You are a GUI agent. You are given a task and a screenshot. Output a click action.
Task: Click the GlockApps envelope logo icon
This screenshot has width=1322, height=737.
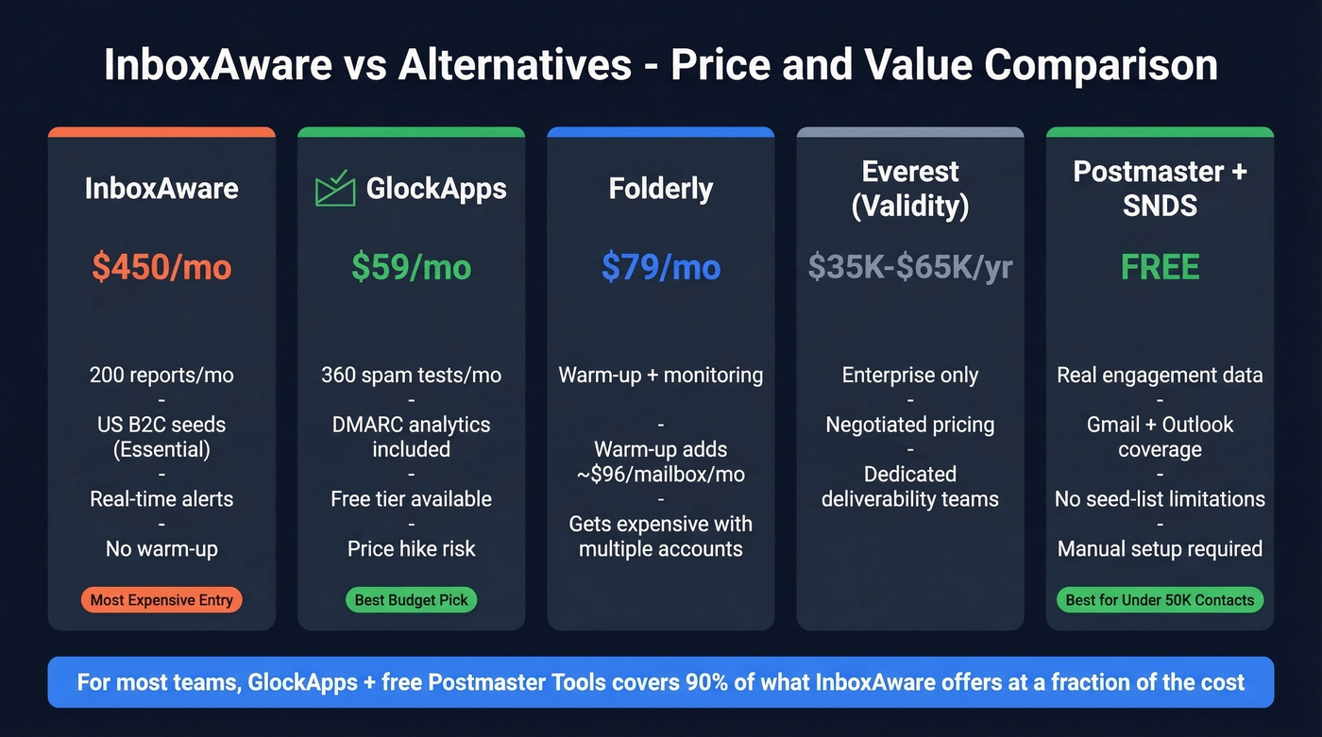[335, 189]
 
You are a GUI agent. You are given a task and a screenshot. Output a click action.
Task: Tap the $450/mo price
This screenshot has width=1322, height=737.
[161, 267]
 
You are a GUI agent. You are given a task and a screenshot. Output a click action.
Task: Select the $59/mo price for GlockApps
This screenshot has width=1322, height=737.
[411, 267]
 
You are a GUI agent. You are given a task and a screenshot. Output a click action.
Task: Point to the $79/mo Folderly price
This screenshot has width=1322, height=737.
[661, 267]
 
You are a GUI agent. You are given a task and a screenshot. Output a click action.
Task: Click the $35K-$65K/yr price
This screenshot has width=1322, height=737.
[910, 267]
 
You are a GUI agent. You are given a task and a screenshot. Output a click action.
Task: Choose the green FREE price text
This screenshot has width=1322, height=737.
[1160, 267]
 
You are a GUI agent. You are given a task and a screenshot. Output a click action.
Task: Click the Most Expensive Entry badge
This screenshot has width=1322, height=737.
[161, 599]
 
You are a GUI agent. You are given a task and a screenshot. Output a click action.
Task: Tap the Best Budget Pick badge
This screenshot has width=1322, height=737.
[411, 599]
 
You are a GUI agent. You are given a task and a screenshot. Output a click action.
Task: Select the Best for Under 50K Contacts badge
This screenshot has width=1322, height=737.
[1160, 599]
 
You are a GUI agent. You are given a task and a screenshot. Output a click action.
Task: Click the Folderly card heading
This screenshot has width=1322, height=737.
[661, 189]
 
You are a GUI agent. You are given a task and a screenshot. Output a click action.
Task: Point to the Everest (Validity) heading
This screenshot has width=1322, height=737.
[910, 189]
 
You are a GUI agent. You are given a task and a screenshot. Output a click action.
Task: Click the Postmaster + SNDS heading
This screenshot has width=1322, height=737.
[1160, 189]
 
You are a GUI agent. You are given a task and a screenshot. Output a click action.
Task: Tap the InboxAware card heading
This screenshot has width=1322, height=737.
[161, 189]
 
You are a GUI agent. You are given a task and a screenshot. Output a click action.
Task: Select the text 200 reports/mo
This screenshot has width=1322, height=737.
[161, 375]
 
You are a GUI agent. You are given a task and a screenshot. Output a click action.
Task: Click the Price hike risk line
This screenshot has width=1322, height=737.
[411, 548]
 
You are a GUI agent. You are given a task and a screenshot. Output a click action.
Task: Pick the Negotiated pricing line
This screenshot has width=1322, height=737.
[910, 425]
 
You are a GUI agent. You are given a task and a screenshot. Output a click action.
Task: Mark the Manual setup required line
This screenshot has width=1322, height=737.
[1160, 548]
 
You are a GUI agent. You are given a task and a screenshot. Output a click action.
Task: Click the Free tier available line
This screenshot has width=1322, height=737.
[411, 498]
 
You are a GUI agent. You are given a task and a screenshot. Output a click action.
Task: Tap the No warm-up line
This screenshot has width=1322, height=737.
[161, 548]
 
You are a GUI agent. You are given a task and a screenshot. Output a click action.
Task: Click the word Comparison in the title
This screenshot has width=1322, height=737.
[1101, 66]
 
